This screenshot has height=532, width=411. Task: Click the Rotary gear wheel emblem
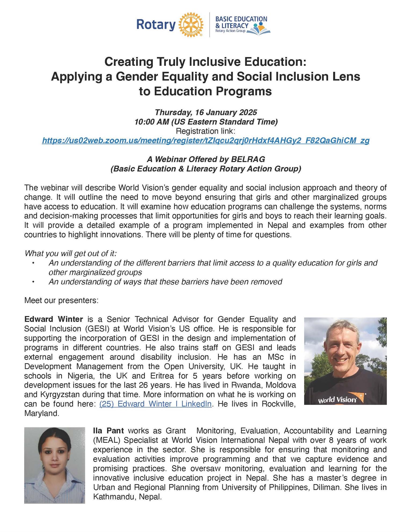190,24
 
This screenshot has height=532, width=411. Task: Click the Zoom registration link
205,140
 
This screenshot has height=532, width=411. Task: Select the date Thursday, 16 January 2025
206,112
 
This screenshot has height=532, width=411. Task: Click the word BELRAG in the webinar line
248,159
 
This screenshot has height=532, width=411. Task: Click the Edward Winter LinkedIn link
155,404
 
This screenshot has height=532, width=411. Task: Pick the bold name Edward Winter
53,319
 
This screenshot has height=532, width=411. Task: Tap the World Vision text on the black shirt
337,400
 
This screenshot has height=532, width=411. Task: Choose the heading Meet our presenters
61,300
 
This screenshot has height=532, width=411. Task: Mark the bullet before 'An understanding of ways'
33,282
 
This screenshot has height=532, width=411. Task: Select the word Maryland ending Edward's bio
41,414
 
